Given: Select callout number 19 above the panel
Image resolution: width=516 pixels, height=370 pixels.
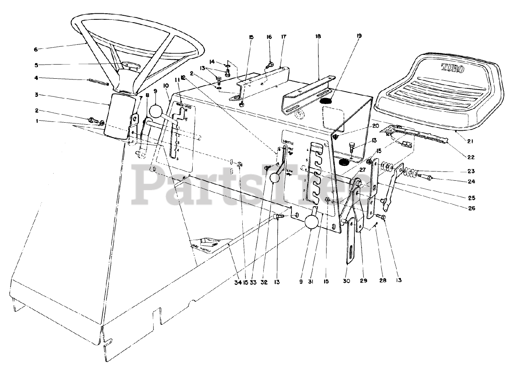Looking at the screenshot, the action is click(359, 36).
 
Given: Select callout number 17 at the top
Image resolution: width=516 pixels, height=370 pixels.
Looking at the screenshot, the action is click(283, 37).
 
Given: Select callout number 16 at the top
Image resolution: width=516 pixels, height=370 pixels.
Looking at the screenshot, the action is click(269, 37).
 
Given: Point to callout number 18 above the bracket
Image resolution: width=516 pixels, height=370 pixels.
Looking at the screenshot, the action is click(318, 37).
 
